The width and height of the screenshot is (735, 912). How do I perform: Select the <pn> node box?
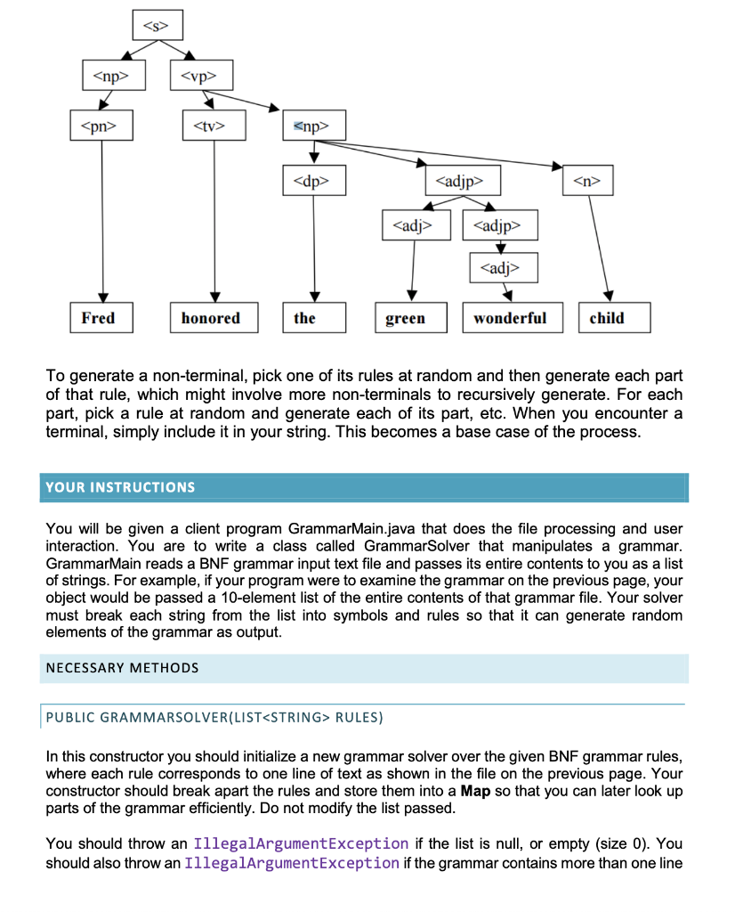tap(101, 126)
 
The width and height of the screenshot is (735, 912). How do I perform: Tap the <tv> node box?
tap(214, 126)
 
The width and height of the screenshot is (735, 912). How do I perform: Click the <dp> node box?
tap(313, 183)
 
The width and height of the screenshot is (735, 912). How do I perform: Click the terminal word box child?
tap(614, 318)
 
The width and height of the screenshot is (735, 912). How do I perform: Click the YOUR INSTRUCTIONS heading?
tap(120, 487)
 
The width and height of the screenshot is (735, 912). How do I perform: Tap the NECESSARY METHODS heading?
tap(123, 667)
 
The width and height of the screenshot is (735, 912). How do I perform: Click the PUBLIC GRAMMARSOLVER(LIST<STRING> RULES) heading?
tap(214, 717)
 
